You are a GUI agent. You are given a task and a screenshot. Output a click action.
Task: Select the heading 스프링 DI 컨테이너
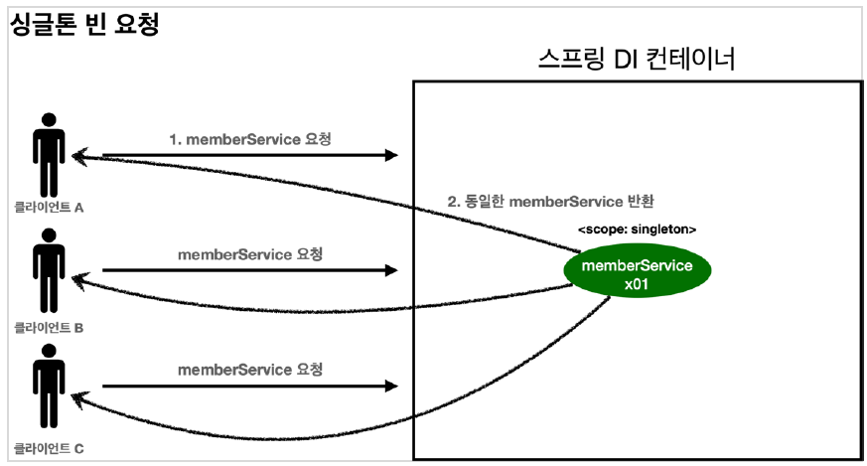636,61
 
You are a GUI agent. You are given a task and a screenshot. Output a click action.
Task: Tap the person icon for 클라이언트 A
47,154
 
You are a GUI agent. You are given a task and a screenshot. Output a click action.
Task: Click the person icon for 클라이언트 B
47,269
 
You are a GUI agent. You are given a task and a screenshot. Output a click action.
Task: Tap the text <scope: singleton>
637,230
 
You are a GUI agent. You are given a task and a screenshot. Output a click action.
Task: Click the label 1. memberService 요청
249,139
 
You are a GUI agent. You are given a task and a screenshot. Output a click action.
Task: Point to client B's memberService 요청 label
250,254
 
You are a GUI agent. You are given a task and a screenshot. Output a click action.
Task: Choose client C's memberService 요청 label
250,370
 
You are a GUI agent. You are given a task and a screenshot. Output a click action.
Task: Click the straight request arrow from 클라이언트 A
248,156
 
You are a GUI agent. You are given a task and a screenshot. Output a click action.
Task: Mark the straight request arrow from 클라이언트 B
248,270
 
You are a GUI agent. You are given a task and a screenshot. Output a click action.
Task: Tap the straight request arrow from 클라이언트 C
248,387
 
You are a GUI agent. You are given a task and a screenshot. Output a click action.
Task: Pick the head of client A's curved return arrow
79,157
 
